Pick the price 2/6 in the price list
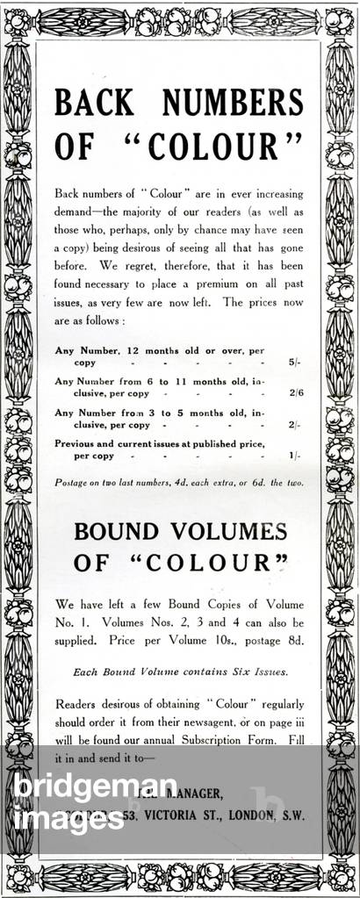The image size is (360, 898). pyautogui.click(x=294, y=393)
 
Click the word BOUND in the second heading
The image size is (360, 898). pyautogui.click(x=116, y=531)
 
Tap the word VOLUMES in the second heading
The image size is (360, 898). pyautogui.click(x=233, y=531)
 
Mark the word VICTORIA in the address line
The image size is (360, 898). pyautogui.click(x=187, y=815)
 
